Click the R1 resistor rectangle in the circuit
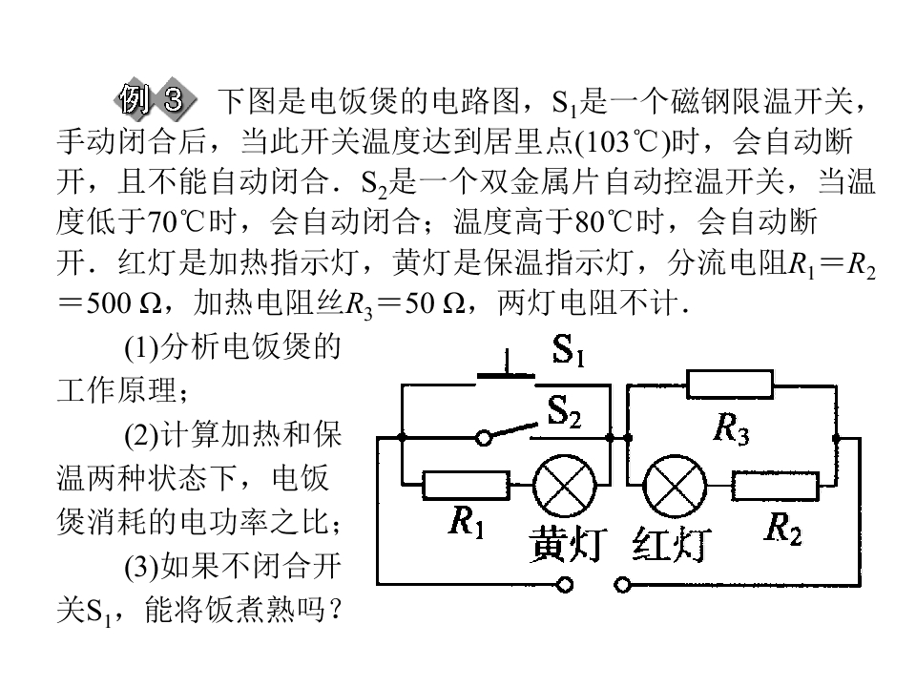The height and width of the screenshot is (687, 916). tap(466, 486)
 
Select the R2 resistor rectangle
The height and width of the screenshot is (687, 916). tap(775, 486)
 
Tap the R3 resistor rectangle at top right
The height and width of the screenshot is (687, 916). tap(730, 385)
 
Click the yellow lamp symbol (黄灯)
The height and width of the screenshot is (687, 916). tap(564, 486)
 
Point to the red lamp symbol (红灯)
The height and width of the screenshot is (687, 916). tap(675, 487)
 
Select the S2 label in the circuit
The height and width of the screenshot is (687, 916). tap(564, 412)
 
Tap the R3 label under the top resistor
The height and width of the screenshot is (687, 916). tap(731, 429)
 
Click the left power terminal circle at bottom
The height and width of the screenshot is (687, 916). tap(564, 584)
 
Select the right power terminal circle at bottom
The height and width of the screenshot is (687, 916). tap(623, 584)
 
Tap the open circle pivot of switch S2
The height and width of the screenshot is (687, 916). tap(484, 438)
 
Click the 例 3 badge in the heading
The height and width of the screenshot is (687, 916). tap(156, 99)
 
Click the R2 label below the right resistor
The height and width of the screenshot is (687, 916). tap(783, 530)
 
